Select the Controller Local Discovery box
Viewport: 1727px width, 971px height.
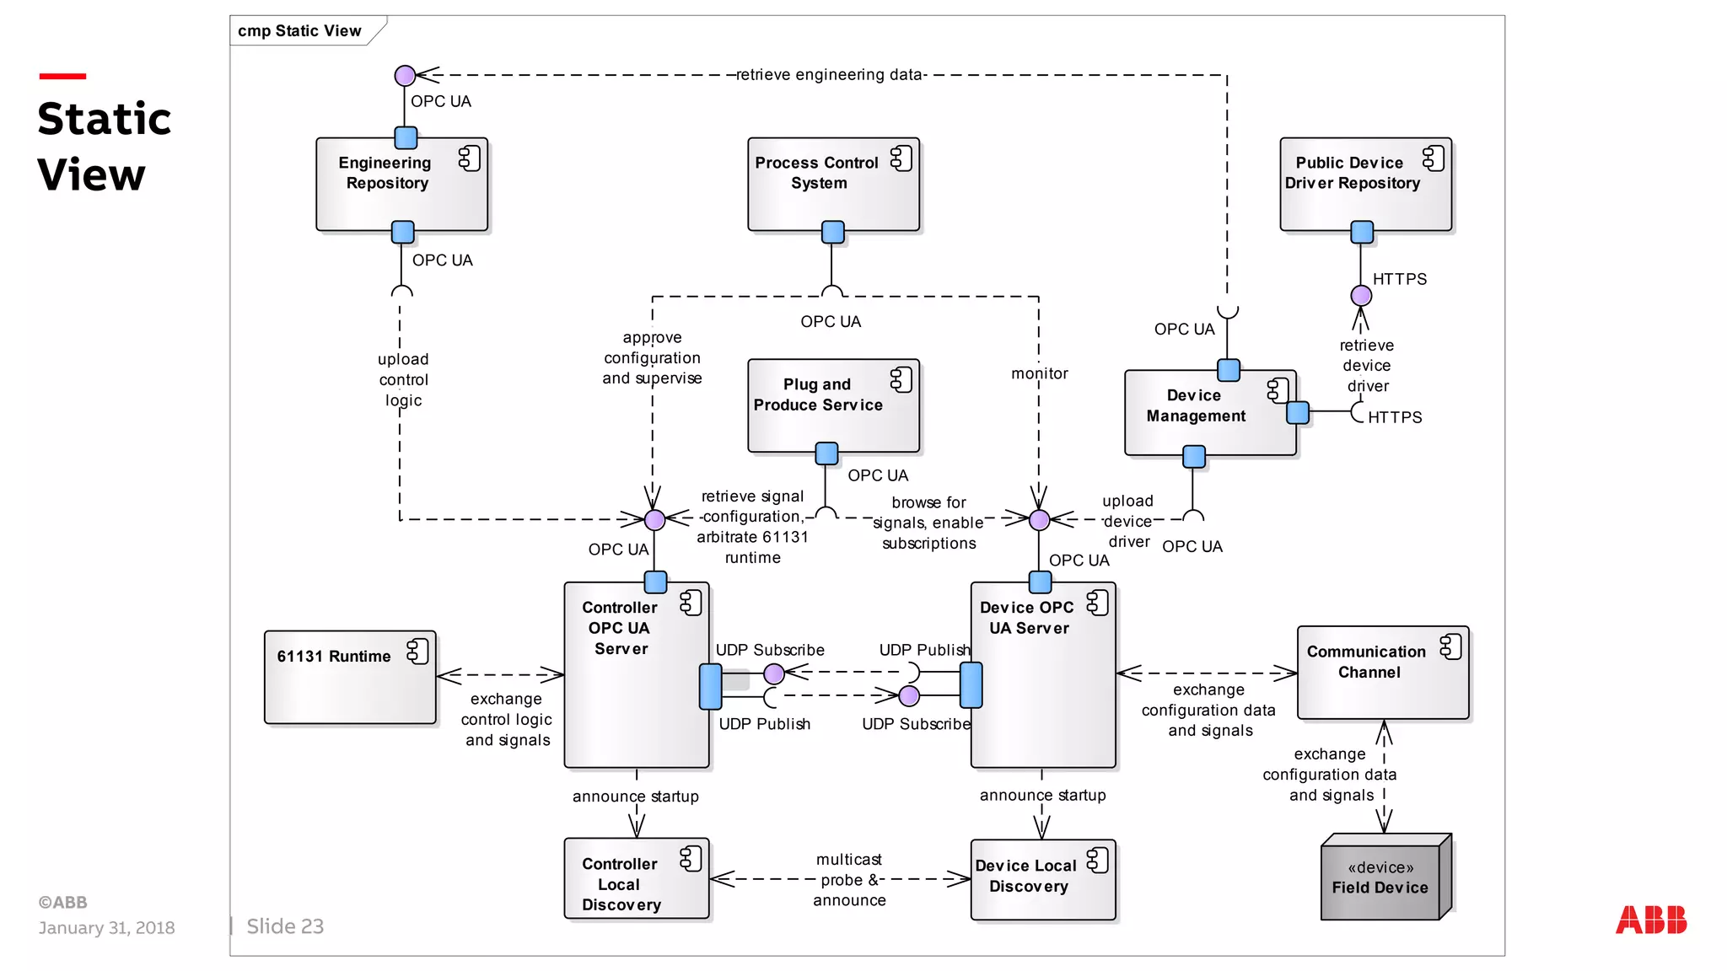(636, 879)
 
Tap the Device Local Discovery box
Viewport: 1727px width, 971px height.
(1042, 879)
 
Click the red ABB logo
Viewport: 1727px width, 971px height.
(1650, 920)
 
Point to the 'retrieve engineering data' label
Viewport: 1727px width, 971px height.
(829, 75)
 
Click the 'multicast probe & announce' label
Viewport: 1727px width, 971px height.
(849, 880)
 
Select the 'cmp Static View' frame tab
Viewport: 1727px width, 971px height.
(300, 31)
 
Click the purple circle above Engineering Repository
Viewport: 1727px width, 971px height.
(405, 76)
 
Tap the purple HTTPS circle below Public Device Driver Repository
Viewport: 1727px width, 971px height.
(1360, 296)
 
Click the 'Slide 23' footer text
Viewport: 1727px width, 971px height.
(285, 926)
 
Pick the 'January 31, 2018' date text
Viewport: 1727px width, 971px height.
(106, 928)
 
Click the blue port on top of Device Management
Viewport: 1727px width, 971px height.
(1228, 370)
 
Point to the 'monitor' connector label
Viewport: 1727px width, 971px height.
(1039, 373)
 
